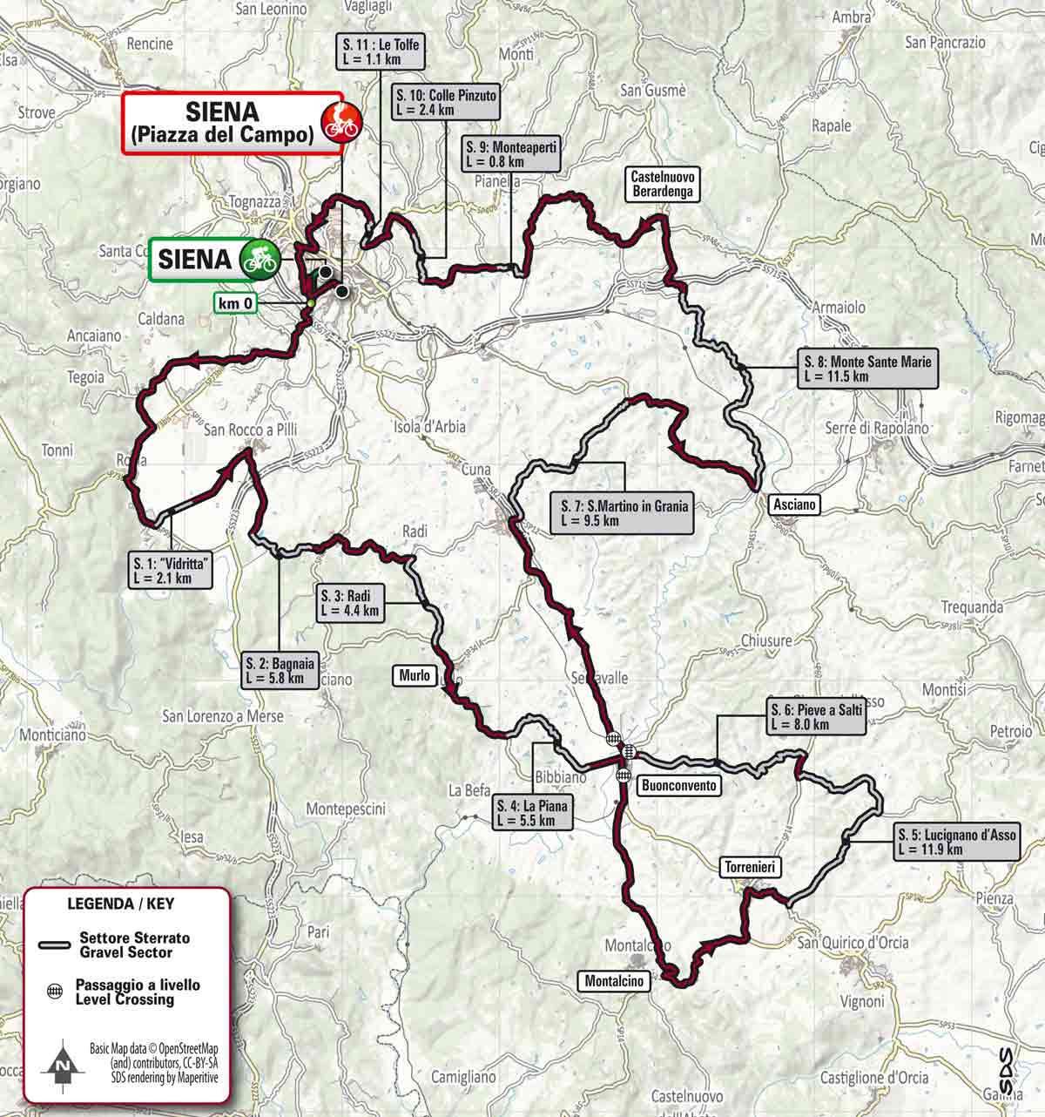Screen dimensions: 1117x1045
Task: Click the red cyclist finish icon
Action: click(340, 123)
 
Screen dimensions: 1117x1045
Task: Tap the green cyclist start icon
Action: click(259, 259)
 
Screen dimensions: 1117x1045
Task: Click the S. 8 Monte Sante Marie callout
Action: click(868, 369)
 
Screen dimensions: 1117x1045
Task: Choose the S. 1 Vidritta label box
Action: click(171, 571)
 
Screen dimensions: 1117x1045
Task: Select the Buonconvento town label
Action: click(679, 785)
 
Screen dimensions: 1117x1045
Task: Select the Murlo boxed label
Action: click(415, 674)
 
